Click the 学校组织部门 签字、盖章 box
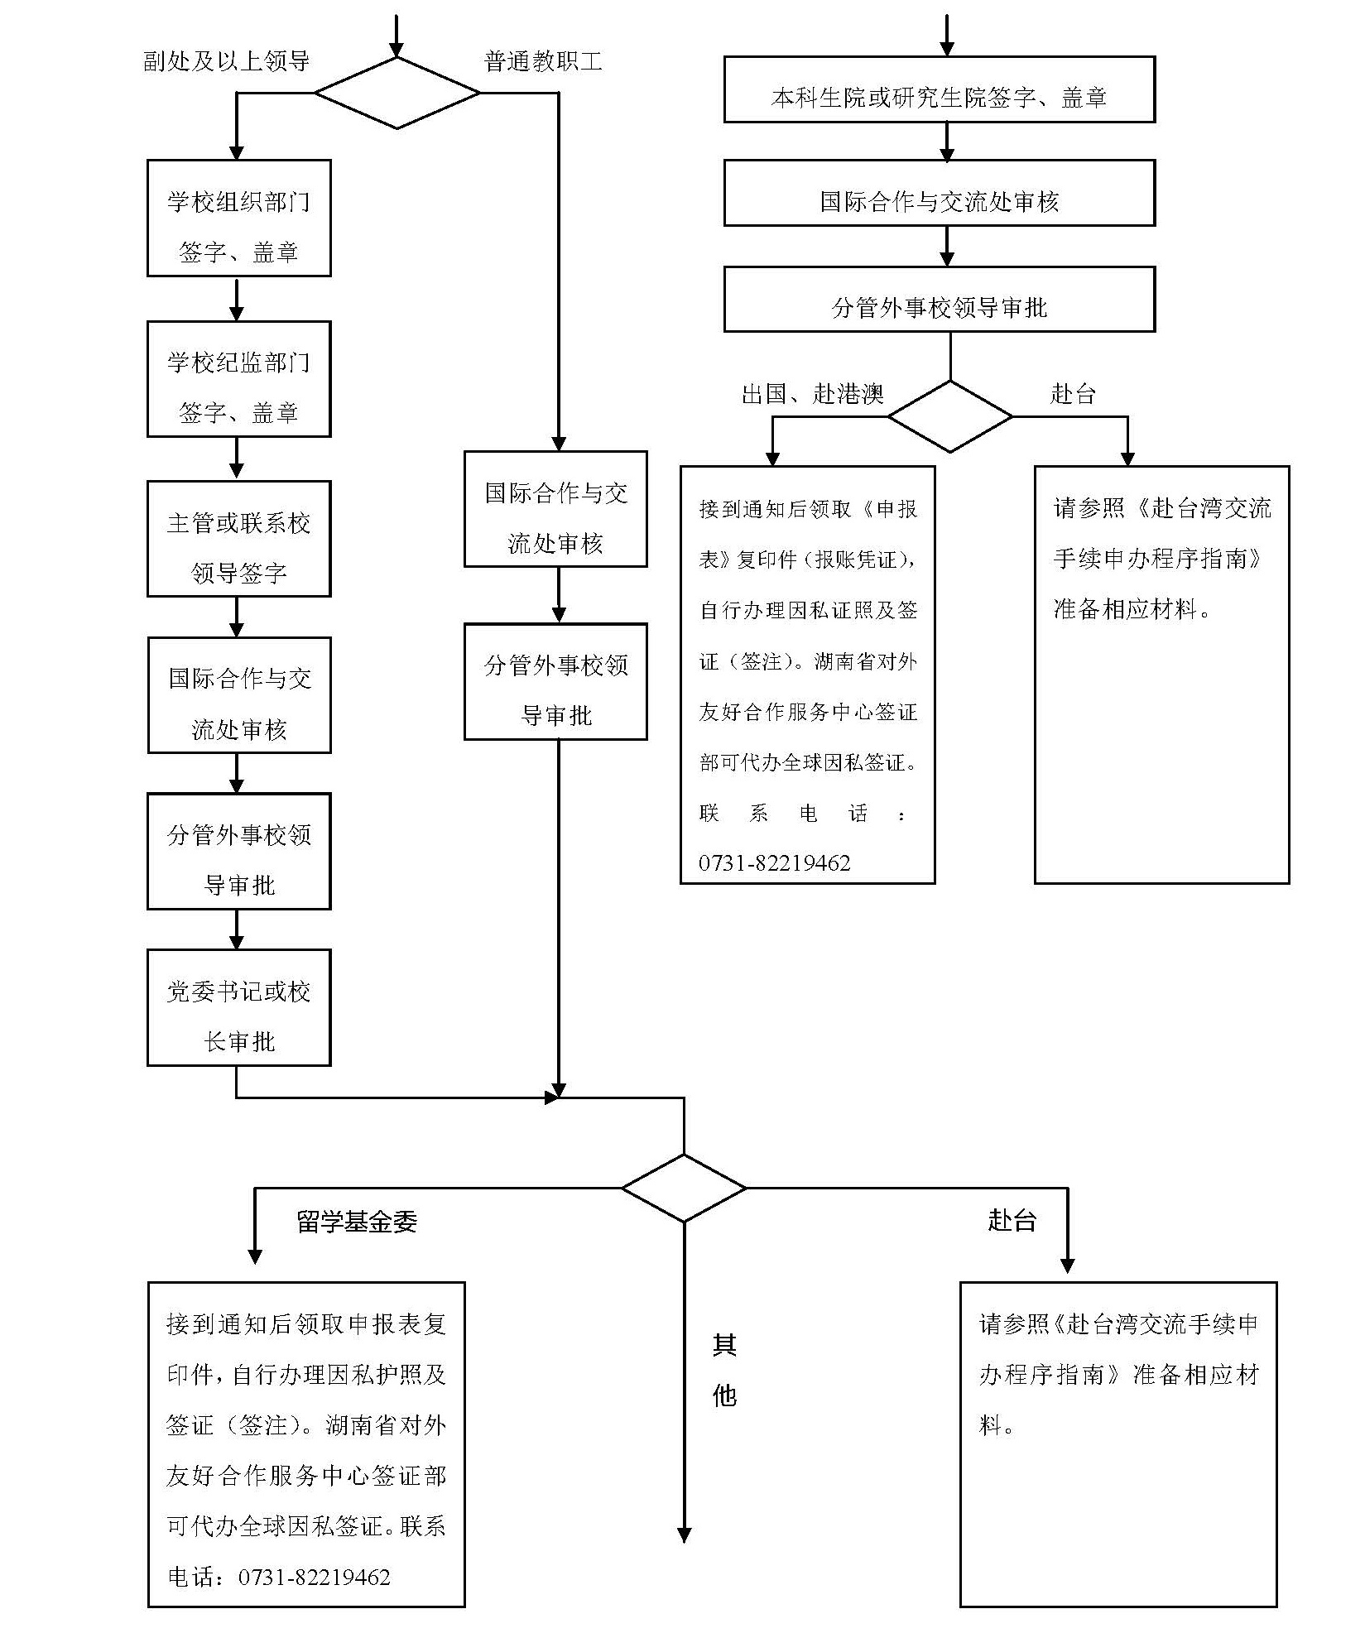pos(238,218)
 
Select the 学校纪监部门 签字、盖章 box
pos(238,378)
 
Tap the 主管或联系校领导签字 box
pos(238,539)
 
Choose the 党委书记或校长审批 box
pos(238,1007)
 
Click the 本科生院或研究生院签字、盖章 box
pos(939,89)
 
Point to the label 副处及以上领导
pos(226,61)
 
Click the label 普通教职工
pos(543,61)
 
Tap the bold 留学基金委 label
pos(357,1222)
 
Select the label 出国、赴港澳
pos(812,394)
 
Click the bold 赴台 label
pos(1012,1219)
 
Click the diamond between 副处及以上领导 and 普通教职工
pos(397,93)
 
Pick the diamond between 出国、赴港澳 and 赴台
pos(949,416)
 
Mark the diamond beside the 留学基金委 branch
pos(684,1188)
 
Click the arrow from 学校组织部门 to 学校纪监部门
pos(237,300)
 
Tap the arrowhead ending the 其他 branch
pos(684,1535)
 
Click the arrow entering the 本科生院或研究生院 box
pos(947,37)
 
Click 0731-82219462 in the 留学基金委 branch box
pos(315,1578)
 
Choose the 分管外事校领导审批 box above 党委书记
pos(238,851)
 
